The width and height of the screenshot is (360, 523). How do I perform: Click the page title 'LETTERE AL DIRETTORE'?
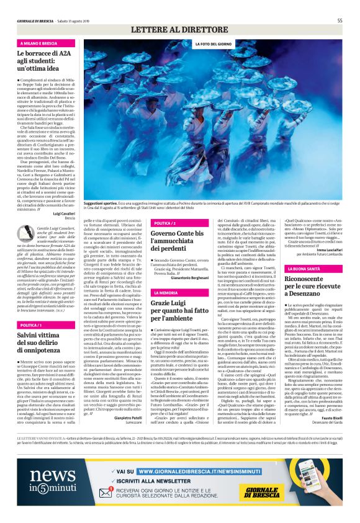(180, 30)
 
